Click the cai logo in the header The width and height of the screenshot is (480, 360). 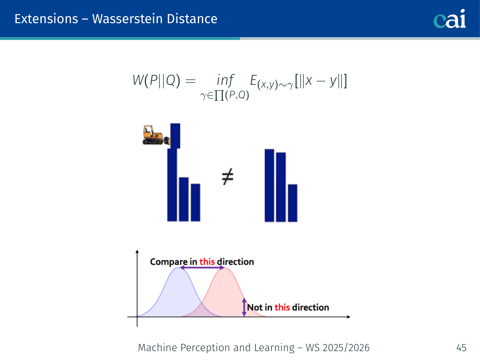[x=450, y=19]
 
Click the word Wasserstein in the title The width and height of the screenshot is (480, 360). [x=127, y=19]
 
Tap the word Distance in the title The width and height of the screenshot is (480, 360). [x=192, y=19]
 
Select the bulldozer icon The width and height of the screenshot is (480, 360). [x=156, y=135]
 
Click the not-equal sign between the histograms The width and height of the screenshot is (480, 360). [x=228, y=177]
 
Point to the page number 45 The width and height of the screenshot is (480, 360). [x=461, y=348]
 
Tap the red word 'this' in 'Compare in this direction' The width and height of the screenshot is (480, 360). [x=207, y=262]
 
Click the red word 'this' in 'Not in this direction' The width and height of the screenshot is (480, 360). [x=282, y=307]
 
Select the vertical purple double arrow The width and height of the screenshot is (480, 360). [x=244, y=307]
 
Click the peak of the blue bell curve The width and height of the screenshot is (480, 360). [x=179, y=268]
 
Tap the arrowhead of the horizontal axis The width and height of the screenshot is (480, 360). [x=349, y=317]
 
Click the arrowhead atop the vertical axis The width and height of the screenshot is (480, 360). [x=137, y=251]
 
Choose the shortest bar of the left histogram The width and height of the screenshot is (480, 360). [x=196, y=203]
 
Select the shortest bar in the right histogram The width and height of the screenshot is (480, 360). [x=293, y=203]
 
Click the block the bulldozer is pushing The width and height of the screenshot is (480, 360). [x=175, y=136]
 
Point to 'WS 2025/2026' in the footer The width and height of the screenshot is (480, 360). [x=337, y=348]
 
